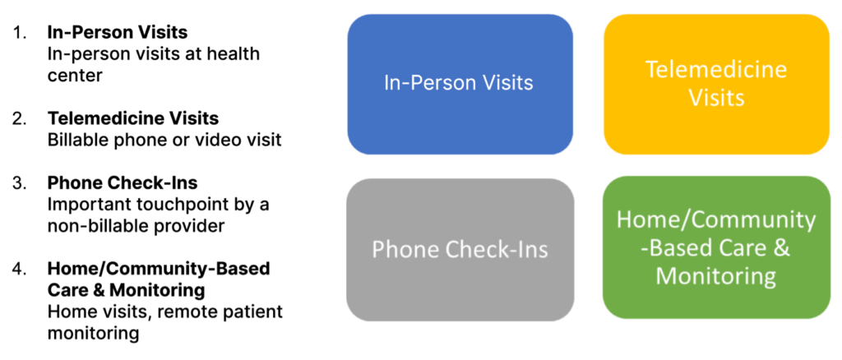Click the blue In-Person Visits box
pos(460,83)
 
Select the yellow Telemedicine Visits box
pos(716,83)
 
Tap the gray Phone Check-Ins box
pos(460,249)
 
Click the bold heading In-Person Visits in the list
pos(117,33)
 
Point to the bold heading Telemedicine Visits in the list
pos(133,119)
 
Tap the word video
pos(220,141)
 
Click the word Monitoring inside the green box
pos(715,275)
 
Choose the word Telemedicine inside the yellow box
pos(715,70)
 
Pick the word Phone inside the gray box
pos(405,249)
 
